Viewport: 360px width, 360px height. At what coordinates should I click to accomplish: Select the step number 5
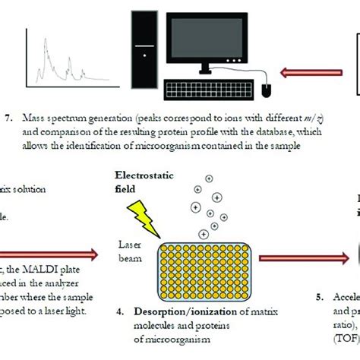tap(317, 297)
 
